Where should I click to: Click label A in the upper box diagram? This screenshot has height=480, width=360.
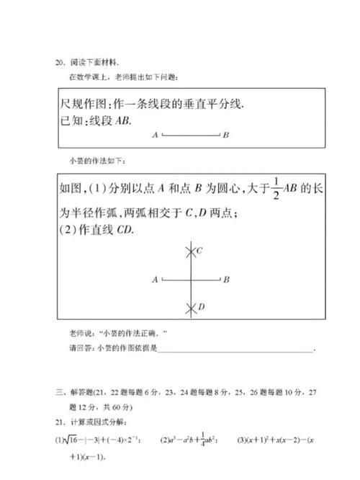pyautogui.click(x=155, y=134)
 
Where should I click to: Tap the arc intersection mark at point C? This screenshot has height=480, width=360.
pyautogui.click(x=190, y=252)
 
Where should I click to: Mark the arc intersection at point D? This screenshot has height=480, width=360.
pyautogui.click(x=190, y=308)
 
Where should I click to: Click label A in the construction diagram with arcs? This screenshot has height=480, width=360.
pyautogui.click(x=155, y=279)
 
